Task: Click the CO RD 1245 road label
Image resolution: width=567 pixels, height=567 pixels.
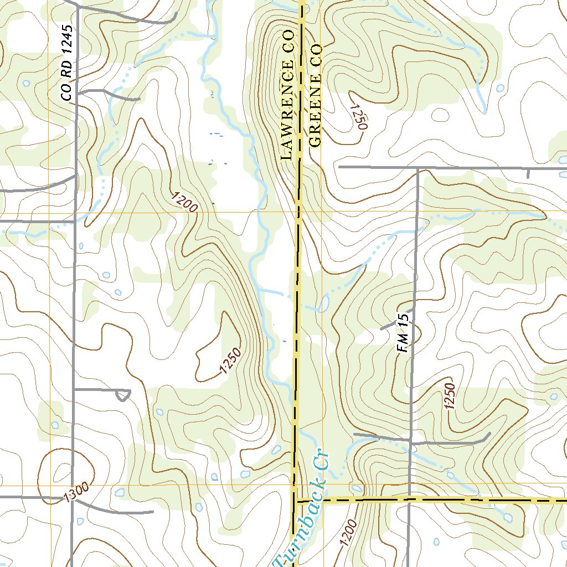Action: [67, 63]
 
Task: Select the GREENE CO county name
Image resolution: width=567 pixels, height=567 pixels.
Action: [315, 95]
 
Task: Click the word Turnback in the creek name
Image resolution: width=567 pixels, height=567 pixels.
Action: [300, 527]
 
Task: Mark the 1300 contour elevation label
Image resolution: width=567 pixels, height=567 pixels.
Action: [76, 493]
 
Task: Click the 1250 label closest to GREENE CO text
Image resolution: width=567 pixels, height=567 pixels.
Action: [359, 117]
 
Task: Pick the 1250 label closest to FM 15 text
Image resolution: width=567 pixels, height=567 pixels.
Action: [449, 396]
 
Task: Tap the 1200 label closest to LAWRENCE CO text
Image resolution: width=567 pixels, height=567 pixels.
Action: [185, 203]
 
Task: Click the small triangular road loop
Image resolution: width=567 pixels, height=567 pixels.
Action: [123, 395]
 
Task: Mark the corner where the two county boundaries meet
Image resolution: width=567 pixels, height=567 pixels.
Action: [294, 501]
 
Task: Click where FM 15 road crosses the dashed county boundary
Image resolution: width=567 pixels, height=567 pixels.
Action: [409, 499]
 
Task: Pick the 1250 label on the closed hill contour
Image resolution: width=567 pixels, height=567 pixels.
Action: [230, 360]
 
